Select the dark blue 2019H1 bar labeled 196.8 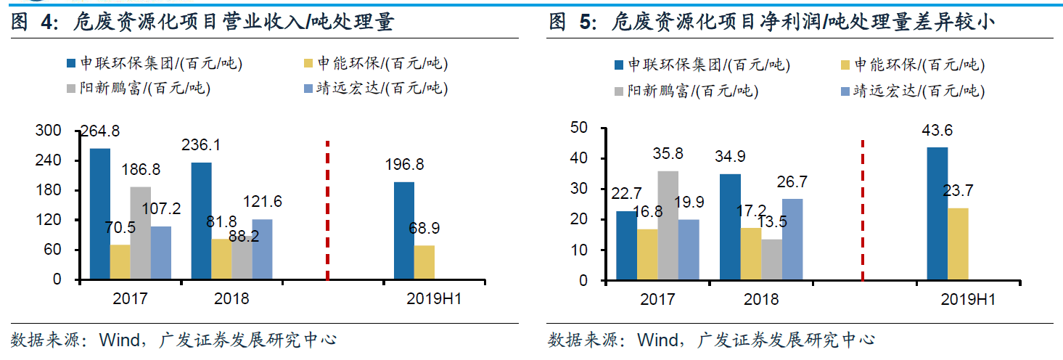click(x=404, y=231)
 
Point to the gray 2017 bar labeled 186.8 click(x=141, y=233)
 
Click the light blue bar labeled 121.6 click(x=262, y=250)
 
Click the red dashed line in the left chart click(x=328, y=210)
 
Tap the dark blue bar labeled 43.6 click(x=937, y=213)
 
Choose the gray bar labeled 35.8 click(x=668, y=225)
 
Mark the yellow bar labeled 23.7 click(x=958, y=244)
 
